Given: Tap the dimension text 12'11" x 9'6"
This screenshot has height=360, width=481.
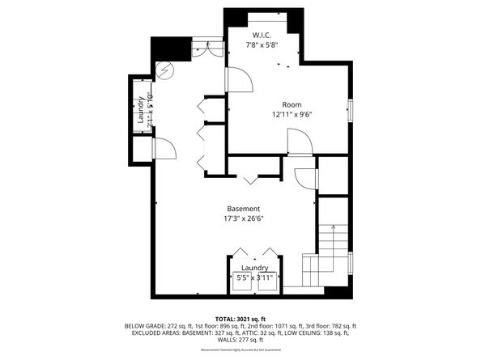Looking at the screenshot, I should tap(292, 114).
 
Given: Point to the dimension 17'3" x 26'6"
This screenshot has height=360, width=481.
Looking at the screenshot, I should tap(244, 218).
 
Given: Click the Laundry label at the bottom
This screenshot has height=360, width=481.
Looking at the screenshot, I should tap(253, 268).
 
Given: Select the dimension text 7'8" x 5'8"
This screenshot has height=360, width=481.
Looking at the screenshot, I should tap(262, 45).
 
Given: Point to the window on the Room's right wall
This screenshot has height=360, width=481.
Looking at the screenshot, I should tap(350, 110).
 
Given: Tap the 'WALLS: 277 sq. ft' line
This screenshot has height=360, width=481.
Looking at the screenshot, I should tap(240, 340).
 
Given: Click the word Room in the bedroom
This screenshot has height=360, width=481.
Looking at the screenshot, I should tap(292, 104).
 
